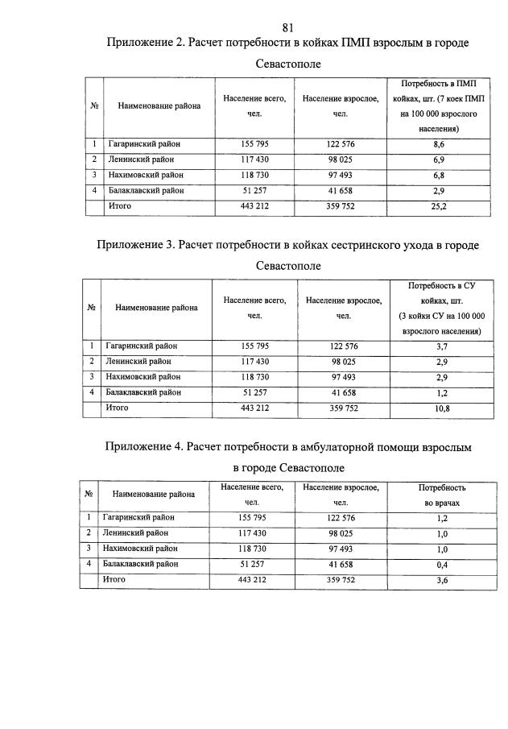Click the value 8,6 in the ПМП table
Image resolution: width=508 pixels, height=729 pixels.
pyautogui.click(x=438, y=143)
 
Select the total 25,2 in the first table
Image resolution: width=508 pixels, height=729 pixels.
pyautogui.click(x=438, y=206)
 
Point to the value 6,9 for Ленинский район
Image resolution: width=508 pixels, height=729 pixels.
pyautogui.click(x=438, y=159)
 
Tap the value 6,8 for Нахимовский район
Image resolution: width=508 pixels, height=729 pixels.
pyautogui.click(x=438, y=175)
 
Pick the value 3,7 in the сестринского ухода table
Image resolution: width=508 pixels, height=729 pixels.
pyautogui.click(x=440, y=346)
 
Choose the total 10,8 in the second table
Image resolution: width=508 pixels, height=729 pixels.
pyautogui.click(x=440, y=408)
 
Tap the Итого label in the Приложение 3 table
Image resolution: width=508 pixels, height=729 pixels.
pyautogui.click(x=118, y=408)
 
